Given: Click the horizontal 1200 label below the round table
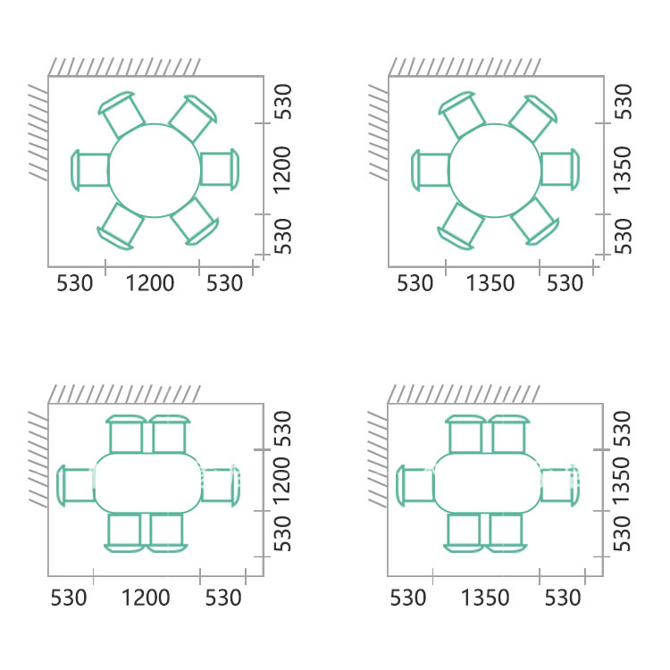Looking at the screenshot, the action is point(150,283).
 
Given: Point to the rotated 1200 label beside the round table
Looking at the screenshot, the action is point(282,171).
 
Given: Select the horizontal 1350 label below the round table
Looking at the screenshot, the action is point(490,283).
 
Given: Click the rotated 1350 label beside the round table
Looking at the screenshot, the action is point(622,170).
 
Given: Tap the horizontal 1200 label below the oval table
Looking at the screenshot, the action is point(146,598).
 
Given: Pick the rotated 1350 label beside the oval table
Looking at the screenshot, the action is point(621,482).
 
